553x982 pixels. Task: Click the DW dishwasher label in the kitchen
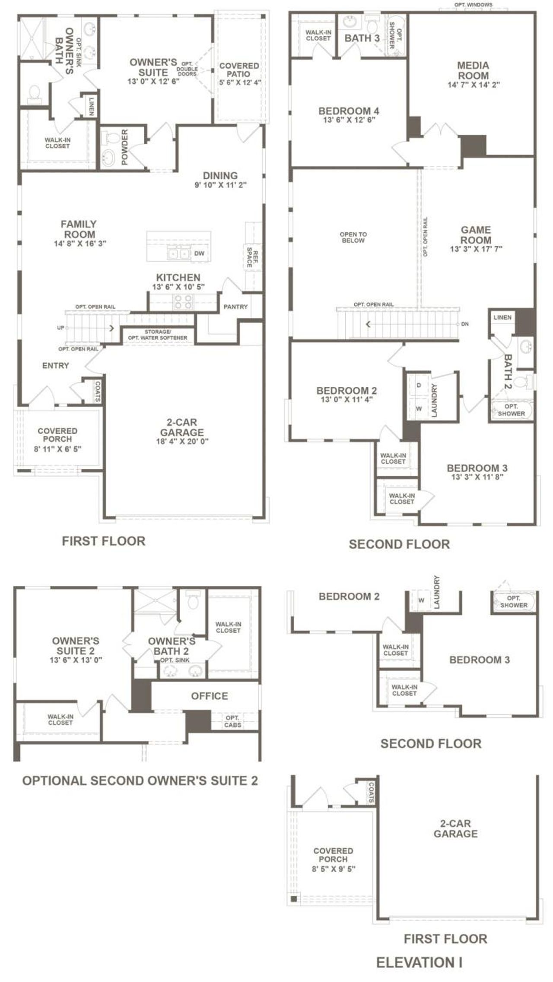[199, 253]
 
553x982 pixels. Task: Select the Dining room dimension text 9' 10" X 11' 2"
[220, 185]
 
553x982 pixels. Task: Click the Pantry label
[235, 307]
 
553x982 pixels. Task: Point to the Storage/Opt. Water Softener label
[158, 335]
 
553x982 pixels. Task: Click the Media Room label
[474, 70]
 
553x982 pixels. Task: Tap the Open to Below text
[353, 237]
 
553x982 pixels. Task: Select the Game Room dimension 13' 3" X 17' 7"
[476, 249]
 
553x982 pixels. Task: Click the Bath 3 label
[362, 38]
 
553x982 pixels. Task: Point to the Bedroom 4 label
[349, 111]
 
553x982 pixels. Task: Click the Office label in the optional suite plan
[210, 696]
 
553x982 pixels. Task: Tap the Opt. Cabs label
[233, 721]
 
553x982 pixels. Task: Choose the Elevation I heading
[419, 962]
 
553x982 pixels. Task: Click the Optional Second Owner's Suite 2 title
[140, 780]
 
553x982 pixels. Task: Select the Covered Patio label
[239, 70]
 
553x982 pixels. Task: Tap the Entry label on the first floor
[56, 366]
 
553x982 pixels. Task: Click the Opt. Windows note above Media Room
[473, 5]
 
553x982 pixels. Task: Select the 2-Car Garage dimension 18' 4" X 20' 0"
[182, 442]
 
